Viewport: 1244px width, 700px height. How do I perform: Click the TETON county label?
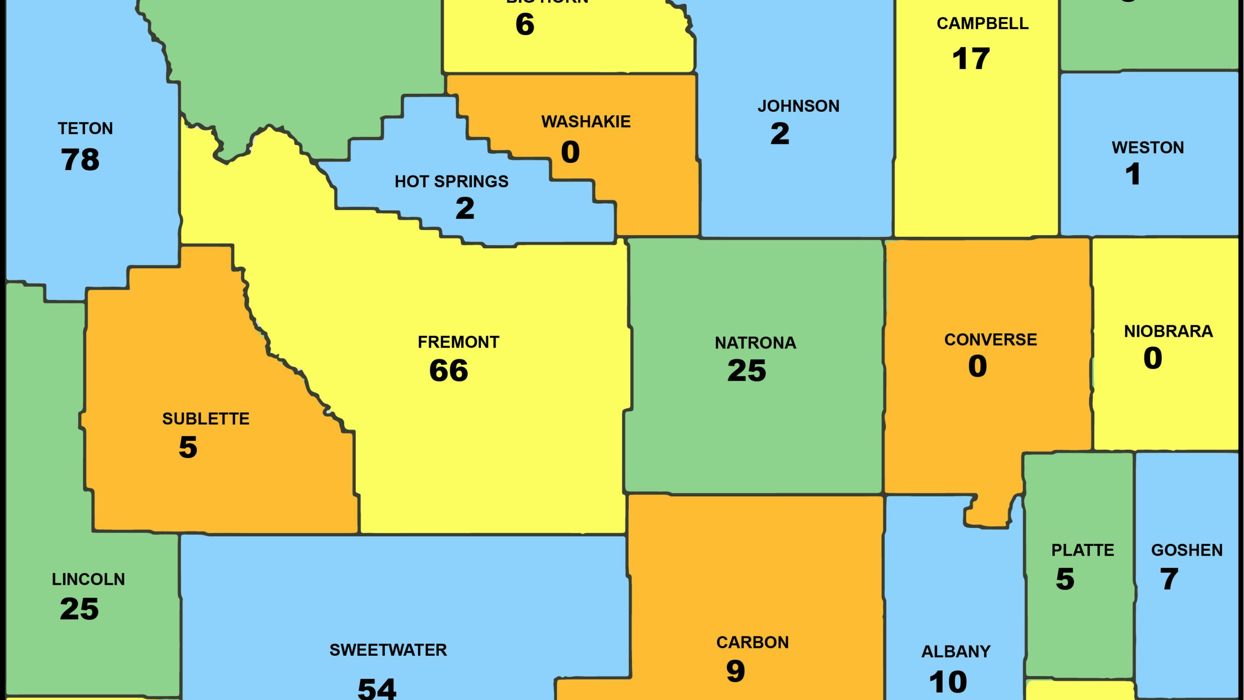coord(85,128)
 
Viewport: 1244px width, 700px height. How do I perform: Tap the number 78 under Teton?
coord(80,159)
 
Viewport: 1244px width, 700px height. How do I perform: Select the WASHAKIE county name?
coord(586,122)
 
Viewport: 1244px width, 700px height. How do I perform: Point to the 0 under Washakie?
coord(570,152)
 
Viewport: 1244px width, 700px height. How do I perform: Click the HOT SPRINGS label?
coord(451,181)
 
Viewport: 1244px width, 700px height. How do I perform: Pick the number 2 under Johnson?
coord(779,134)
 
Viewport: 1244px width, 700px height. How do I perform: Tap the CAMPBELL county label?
coord(982,23)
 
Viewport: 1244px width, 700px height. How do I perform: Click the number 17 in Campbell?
coord(970,59)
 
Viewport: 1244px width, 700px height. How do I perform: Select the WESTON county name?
coord(1147,147)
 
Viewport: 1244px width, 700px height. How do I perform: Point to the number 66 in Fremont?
coord(448,370)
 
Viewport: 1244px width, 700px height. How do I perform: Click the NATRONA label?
coord(755,343)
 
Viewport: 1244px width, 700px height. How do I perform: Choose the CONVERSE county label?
coord(990,339)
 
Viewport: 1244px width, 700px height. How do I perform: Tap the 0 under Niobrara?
coord(1152,358)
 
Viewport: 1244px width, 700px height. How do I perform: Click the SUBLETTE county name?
coord(206,419)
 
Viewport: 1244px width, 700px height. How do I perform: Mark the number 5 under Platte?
coord(1064,579)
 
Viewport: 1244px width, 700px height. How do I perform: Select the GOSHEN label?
coord(1186,550)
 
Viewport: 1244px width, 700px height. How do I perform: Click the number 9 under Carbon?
coord(735,671)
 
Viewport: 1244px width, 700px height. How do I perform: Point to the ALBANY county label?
coord(955,651)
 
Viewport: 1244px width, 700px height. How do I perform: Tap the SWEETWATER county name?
coord(388,650)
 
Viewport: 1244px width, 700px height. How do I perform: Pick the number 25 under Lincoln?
coord(79,609)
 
